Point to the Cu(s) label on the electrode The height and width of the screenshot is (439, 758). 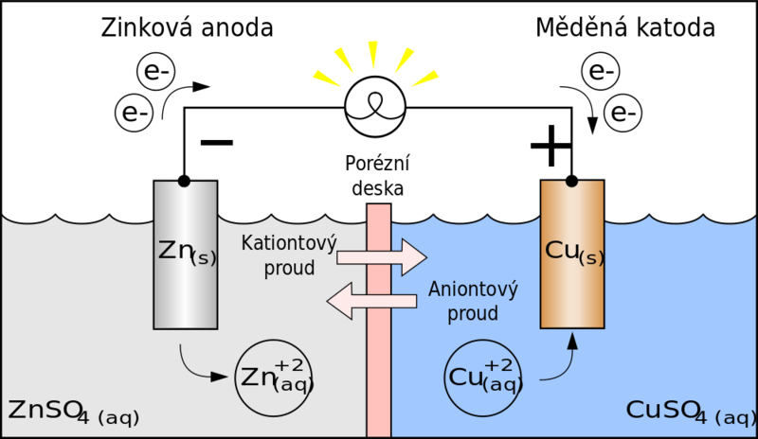point(574,252)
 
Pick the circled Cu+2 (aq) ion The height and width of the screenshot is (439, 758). point(483,377)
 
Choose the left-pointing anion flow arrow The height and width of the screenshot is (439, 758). point(371,301)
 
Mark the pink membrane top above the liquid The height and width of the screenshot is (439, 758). point(378,212)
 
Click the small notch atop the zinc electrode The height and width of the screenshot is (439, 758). point(186,183)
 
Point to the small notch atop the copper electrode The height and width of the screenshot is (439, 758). point(571,183)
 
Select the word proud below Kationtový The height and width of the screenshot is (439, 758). point(291,268)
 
